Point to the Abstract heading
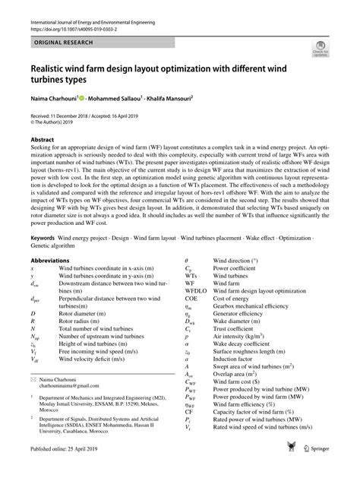click(x=43, y=140)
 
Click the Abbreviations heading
click(x=55, y=260)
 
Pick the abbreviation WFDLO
click(x=195, y=290)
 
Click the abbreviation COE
click(x=191, y=298)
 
